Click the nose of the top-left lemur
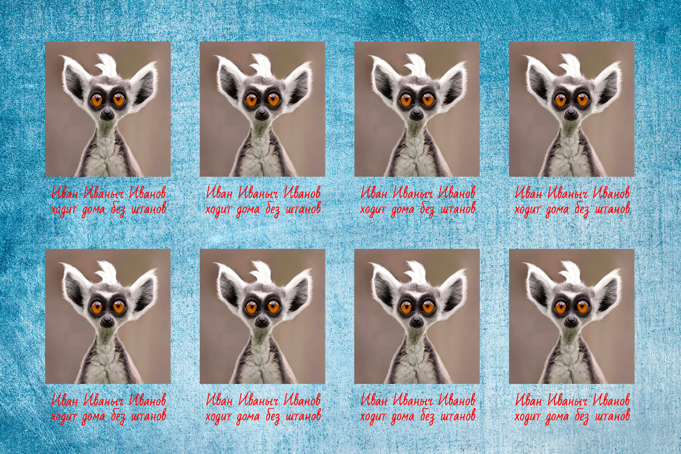[x=107, y=113]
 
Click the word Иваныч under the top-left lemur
[x=103, y=193]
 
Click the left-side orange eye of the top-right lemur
[x=561, y=100]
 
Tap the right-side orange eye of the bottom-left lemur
[x=119, y=307]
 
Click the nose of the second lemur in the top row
[x=262, y=113]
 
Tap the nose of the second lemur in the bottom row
[x=262, y=321]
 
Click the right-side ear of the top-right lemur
[x=607, y=83]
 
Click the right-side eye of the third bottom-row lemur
[x=428, y=307]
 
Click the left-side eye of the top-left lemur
[x=96, y=100]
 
